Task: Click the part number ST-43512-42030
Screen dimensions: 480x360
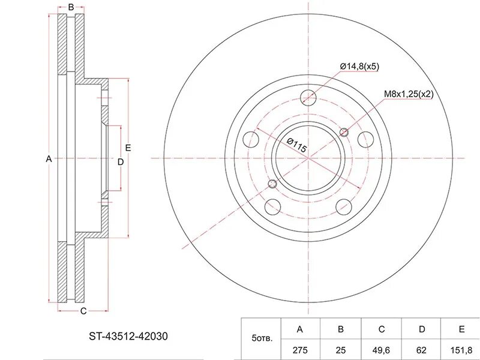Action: click(128, 337)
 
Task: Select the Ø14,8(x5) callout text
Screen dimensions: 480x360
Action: click(359, 67)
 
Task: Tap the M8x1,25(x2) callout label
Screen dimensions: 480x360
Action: click(409, 94)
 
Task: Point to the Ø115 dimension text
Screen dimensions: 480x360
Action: click(296, 145)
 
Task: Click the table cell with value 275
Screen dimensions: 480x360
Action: click(300, 350)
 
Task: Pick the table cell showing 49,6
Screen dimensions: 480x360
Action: click(382, 350)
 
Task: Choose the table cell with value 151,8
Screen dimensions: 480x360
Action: click(461, 350)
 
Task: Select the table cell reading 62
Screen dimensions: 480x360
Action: click(422, 350)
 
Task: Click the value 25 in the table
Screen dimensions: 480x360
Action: click(341, 350)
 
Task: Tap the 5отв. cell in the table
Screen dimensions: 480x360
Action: click(262, 338)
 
